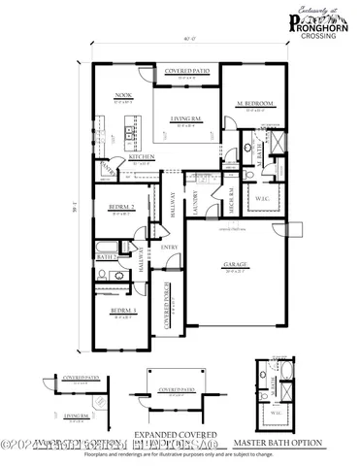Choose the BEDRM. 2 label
click(x=120, y=208)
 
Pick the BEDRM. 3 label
click(x=121, y=312)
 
